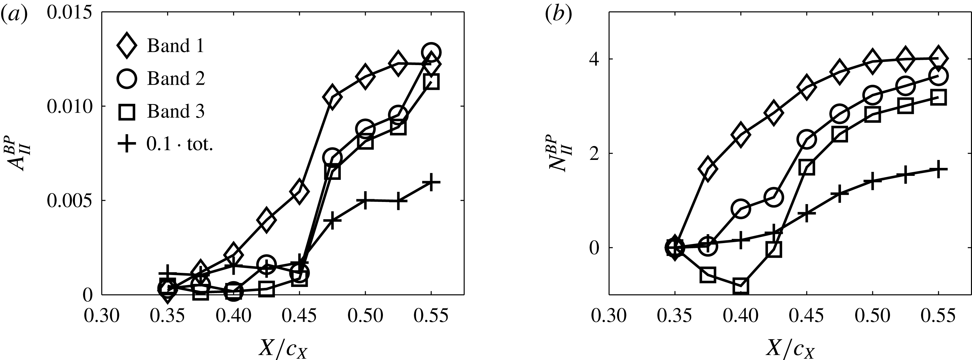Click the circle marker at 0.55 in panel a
(432, 52)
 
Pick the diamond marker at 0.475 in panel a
(332, 97)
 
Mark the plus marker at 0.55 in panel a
(431, 182)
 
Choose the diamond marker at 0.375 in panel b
(708, 169)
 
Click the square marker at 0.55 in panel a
(431, 82)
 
